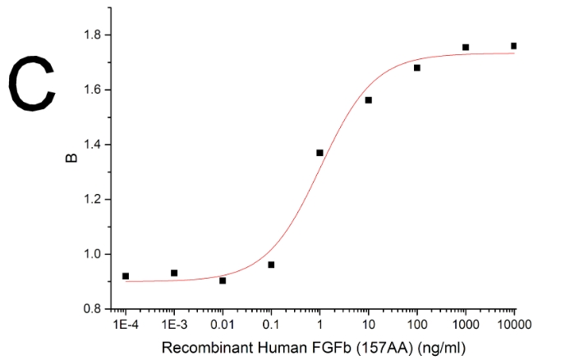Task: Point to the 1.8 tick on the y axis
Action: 90,35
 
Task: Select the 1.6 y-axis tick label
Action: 90,90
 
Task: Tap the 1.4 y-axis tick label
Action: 90,145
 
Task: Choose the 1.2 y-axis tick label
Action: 90,199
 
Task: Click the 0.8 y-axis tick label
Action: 90,308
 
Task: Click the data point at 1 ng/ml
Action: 319,153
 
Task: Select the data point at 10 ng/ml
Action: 368,100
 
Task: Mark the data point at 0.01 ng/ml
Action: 223,280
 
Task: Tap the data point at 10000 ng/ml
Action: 513,46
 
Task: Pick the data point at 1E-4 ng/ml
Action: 126,276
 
